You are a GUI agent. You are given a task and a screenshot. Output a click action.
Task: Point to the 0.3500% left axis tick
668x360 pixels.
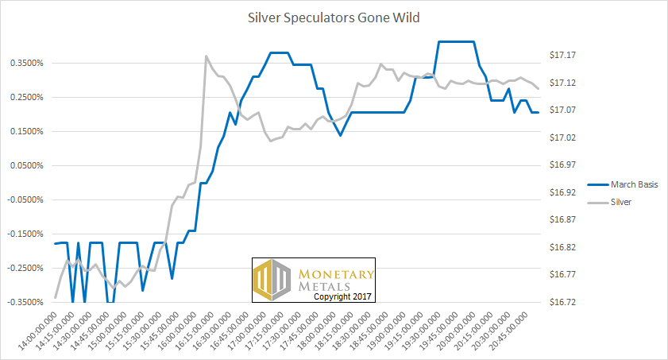(x=29, y=63)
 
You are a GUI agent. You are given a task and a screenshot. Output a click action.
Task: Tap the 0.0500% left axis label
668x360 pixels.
(x=29, y=165)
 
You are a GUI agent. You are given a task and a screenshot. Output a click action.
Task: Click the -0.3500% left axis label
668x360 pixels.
(x=27, y=302)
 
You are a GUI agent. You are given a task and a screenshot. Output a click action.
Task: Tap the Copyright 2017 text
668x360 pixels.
(x=343, y=296)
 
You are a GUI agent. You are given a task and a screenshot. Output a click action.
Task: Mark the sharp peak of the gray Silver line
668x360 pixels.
(x=207, y=56)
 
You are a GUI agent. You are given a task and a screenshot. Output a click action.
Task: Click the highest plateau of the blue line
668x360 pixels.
(x=455, y=41)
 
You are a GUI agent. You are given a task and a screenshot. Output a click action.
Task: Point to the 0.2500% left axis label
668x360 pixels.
(x=29, y=97)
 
